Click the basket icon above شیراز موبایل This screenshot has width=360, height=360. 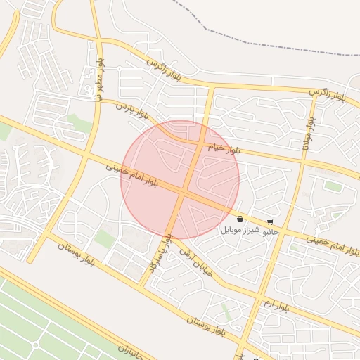[240, 219]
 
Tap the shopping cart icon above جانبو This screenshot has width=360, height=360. [271, 221]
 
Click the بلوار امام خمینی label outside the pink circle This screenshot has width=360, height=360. [333, 245]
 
